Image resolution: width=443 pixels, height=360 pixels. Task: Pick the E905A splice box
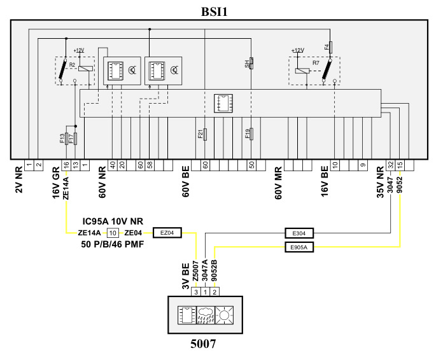click(x=299, y=247)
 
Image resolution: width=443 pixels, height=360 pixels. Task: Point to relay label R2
click(x=72, y=65)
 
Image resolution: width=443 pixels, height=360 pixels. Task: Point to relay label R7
click(x=316, y=64)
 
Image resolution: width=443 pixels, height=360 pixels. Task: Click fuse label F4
click(x=326, y=46)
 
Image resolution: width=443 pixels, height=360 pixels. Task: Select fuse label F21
click(x=200, y=134)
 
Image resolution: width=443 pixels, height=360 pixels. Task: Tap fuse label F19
click(x=247, y=134)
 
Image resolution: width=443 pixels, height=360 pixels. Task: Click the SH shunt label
click(x=247, y=63)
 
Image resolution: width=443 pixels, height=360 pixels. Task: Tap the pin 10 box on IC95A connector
click(x=112, y=233)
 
